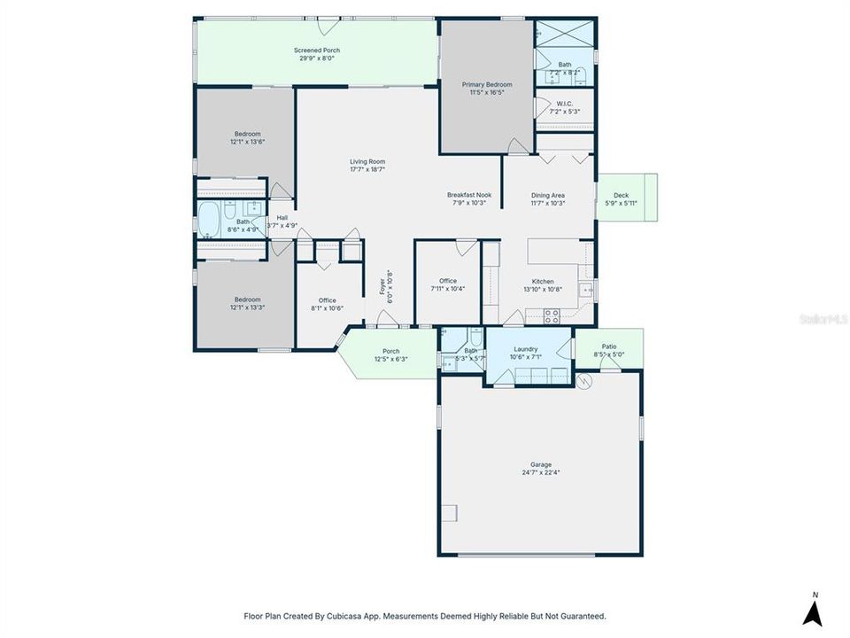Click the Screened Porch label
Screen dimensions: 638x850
pos(317,51)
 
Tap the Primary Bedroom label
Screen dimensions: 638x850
pos(487,85)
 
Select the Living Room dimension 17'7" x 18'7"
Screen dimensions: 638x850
pos(367,169)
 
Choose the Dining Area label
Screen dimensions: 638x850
pos(548,196)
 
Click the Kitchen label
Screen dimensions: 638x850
pos(543,282)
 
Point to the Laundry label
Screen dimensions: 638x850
pos(526,349)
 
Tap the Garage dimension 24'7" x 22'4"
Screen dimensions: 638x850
pos(540,472)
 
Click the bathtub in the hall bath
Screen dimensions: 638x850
pos(211,222)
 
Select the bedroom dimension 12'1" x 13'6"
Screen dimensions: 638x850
pos(248,142)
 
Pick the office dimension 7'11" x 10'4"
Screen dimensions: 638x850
pos(447,289)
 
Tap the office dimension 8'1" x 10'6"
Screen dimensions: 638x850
pos(328,307)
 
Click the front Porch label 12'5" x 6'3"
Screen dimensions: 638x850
pos(390,358)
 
